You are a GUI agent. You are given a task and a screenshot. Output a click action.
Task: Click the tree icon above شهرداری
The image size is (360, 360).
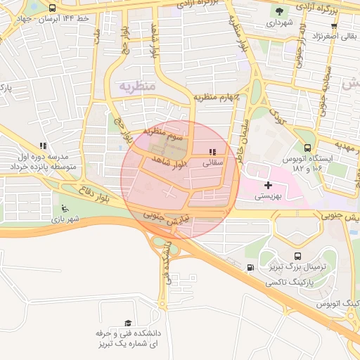pyautogui.click(x=280, y=11)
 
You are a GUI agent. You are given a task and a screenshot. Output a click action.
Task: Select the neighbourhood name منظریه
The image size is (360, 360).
pyautogui.click(x=136, y=86)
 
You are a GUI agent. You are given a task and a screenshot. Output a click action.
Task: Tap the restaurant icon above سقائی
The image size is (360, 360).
pyautogui.click(x=212, y=151)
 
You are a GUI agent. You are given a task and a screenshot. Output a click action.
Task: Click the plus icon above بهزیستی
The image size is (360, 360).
pyautogui.click(x=267, y=184)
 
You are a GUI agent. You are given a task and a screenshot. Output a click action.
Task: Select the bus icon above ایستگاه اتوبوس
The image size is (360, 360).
pyautogui.click(x=307, y=148)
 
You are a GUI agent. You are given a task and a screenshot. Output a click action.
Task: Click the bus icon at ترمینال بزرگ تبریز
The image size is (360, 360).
pyautogui.click(x=297, y=257)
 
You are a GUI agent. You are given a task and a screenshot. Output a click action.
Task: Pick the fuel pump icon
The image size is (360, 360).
pyautogui.click(x=251, y=267)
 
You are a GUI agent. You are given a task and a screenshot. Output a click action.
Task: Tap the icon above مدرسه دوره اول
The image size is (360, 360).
pyautogui.click(x=43, y=146)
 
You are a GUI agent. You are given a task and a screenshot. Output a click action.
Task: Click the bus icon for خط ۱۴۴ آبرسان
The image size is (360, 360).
pyautogui.click(x=52, y=8)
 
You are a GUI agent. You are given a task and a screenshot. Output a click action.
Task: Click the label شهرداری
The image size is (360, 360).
pyautogui.click(x=280, y=23)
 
